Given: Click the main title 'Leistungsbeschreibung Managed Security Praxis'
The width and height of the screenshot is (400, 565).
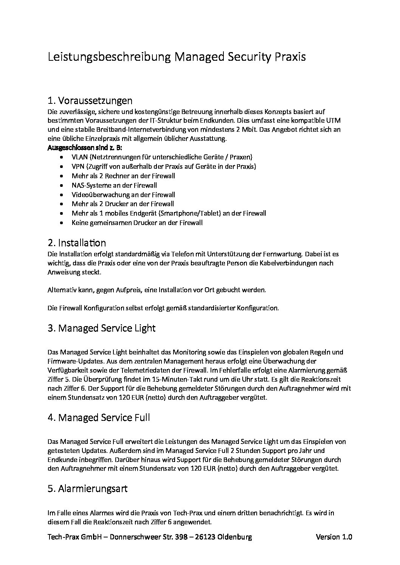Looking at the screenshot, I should point(177,57).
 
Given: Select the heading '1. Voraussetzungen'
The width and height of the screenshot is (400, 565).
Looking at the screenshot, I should point(90,101).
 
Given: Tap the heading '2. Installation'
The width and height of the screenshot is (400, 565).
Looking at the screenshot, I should point(77,243).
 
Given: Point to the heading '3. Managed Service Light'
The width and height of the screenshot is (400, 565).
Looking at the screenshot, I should point(101,328).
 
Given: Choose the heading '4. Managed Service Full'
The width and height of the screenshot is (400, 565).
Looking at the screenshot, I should point(99,417).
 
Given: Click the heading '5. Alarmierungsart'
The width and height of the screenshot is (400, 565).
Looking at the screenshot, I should point(87,489).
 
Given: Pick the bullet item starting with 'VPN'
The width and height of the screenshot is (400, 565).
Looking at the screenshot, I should point(164,166).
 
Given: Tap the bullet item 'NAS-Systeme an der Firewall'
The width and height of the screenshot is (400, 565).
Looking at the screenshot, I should point(114,185).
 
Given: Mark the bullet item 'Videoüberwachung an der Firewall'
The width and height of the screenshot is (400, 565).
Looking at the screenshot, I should point(123,195).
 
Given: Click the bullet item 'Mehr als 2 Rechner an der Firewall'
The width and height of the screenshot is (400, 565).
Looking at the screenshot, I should point(123,176).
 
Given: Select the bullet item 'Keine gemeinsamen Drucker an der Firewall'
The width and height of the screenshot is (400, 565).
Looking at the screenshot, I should point(137,223).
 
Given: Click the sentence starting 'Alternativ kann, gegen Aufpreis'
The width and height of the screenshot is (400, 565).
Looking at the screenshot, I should point(157,290).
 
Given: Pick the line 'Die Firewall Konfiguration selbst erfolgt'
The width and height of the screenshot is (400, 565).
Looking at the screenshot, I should point(163,308).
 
